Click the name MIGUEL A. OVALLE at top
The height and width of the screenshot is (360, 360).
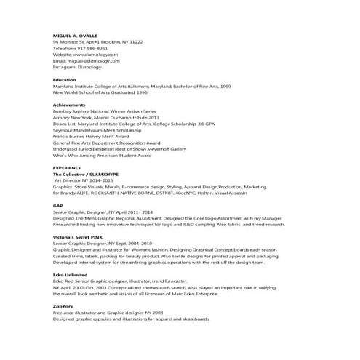coord(79,35)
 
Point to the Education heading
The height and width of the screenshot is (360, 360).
coord(65,79)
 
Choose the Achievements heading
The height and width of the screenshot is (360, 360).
coord(70,105)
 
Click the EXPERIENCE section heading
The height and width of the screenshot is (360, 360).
coord(68,168)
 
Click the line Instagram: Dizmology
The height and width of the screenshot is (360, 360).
coord(81,68)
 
